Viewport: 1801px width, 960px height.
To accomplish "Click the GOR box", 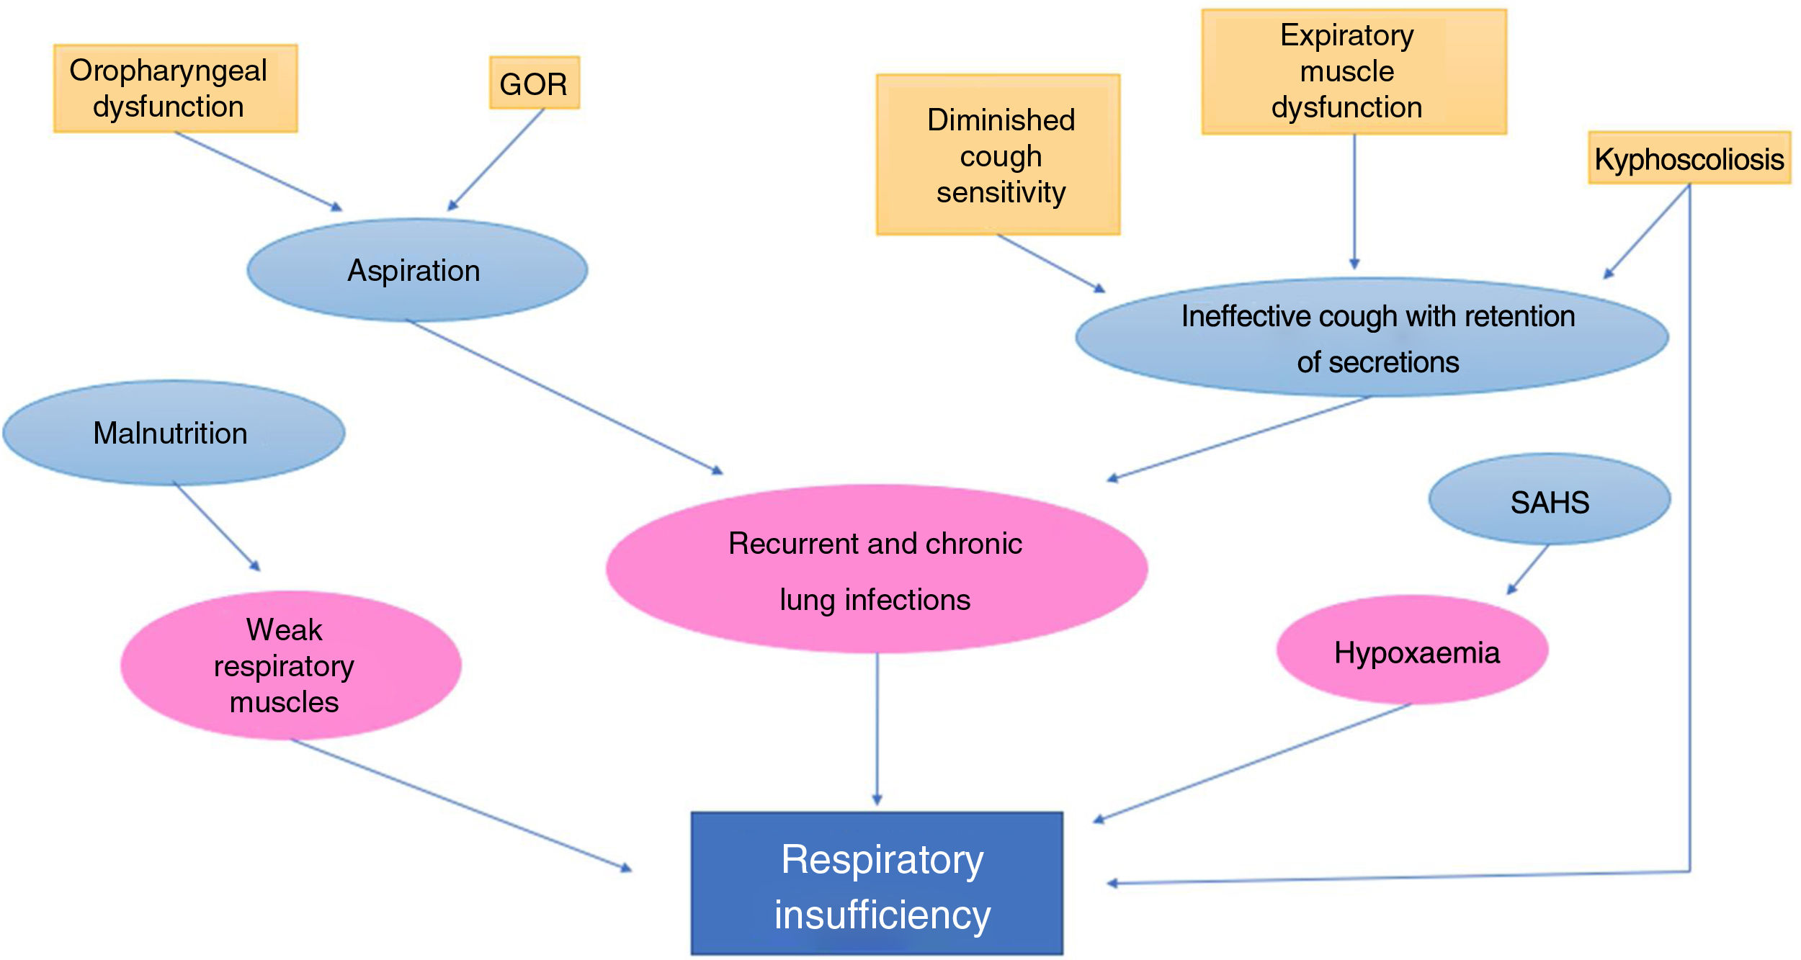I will pyautogui.click(x=534, y=83).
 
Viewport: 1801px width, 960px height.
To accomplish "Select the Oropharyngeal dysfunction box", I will pyautogui.click(x=175, y=88).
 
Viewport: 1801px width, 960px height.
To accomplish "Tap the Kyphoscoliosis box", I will pyautogui.click(x=1689, y=158).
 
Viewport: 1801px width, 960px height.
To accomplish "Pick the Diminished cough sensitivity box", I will pyautogui.click(x=998, y=155).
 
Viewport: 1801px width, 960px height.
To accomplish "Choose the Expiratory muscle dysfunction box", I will pyautogui.click(x=1354, y=71).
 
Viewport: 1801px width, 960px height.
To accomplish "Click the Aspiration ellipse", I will pyautogui.click(x=416, y=270).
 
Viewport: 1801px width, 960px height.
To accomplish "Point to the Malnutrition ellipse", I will pyautogui.click(x=173, y=433).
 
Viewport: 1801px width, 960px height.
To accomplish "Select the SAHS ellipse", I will pyautogui.click(x=1549, y=499).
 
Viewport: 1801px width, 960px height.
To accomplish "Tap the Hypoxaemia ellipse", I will pyautogui.click(x=1412, y=650).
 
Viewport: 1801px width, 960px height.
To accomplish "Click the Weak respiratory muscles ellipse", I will pyautogui.click(x=290, y=665).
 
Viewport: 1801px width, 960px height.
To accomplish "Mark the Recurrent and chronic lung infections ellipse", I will pyautogui.click(x=876, y=569).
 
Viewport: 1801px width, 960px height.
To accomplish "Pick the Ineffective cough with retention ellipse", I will pyautogui.click(x=1371, y=337).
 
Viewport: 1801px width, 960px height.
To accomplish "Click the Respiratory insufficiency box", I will pyautogui.click(x=877, y=884).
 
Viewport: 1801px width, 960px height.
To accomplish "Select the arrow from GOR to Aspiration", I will pyautogui.click(x=496, y=160).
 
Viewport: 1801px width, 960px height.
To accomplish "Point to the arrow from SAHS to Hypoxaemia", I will pyautogui.click(x=1528, y=569).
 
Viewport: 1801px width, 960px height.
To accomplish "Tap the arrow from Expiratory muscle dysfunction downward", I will pyautogui.click(x=1354, y=202).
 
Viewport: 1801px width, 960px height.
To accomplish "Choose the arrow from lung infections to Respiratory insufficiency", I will pyautogui.click(x=877, y=727).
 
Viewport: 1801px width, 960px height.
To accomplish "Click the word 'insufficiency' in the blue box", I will pyautogui.click(x=882, y=915).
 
